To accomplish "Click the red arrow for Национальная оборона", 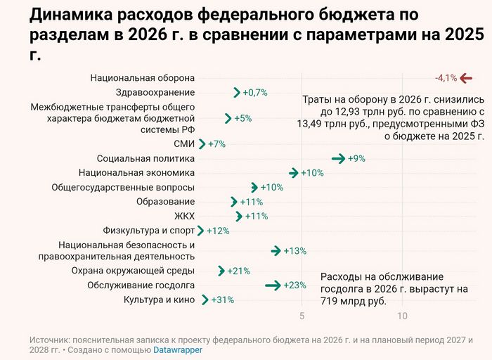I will click(x=467, y=78).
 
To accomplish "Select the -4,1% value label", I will click(x=446, y=78).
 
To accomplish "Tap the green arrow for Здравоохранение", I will click(x=237, y=93).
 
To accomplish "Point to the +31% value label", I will click(x=223, y=300).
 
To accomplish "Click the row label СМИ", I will click(x=184, y=144).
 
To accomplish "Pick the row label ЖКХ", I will click(x=184, y=216).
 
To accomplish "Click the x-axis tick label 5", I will click(x=302, y=316).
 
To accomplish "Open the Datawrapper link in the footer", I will click(x=178, y=349).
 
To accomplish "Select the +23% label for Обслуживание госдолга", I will click(x=295, y=285).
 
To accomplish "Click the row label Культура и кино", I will click(x=159, y=300).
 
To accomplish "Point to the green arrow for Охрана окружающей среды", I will click(x=221, y=271).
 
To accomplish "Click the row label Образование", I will click(x=165, y=202).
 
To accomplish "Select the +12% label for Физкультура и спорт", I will click(x=218, y=231).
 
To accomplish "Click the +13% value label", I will click(x=295, y=251).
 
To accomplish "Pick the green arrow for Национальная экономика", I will click(x=293, y=173).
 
